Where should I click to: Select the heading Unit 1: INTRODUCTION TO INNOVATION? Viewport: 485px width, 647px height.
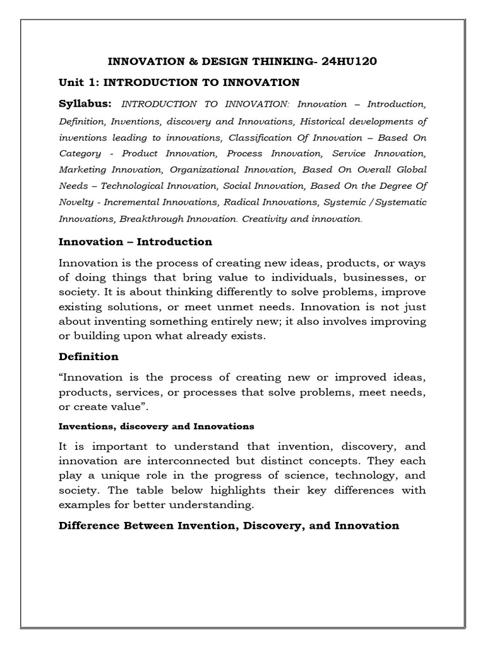[x=179, y=82]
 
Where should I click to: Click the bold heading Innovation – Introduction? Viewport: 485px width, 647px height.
[x=135, y=242]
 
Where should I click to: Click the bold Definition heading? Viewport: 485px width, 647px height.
[x=88, y=357]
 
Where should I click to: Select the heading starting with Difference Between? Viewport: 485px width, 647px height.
[x=229, y=526]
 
